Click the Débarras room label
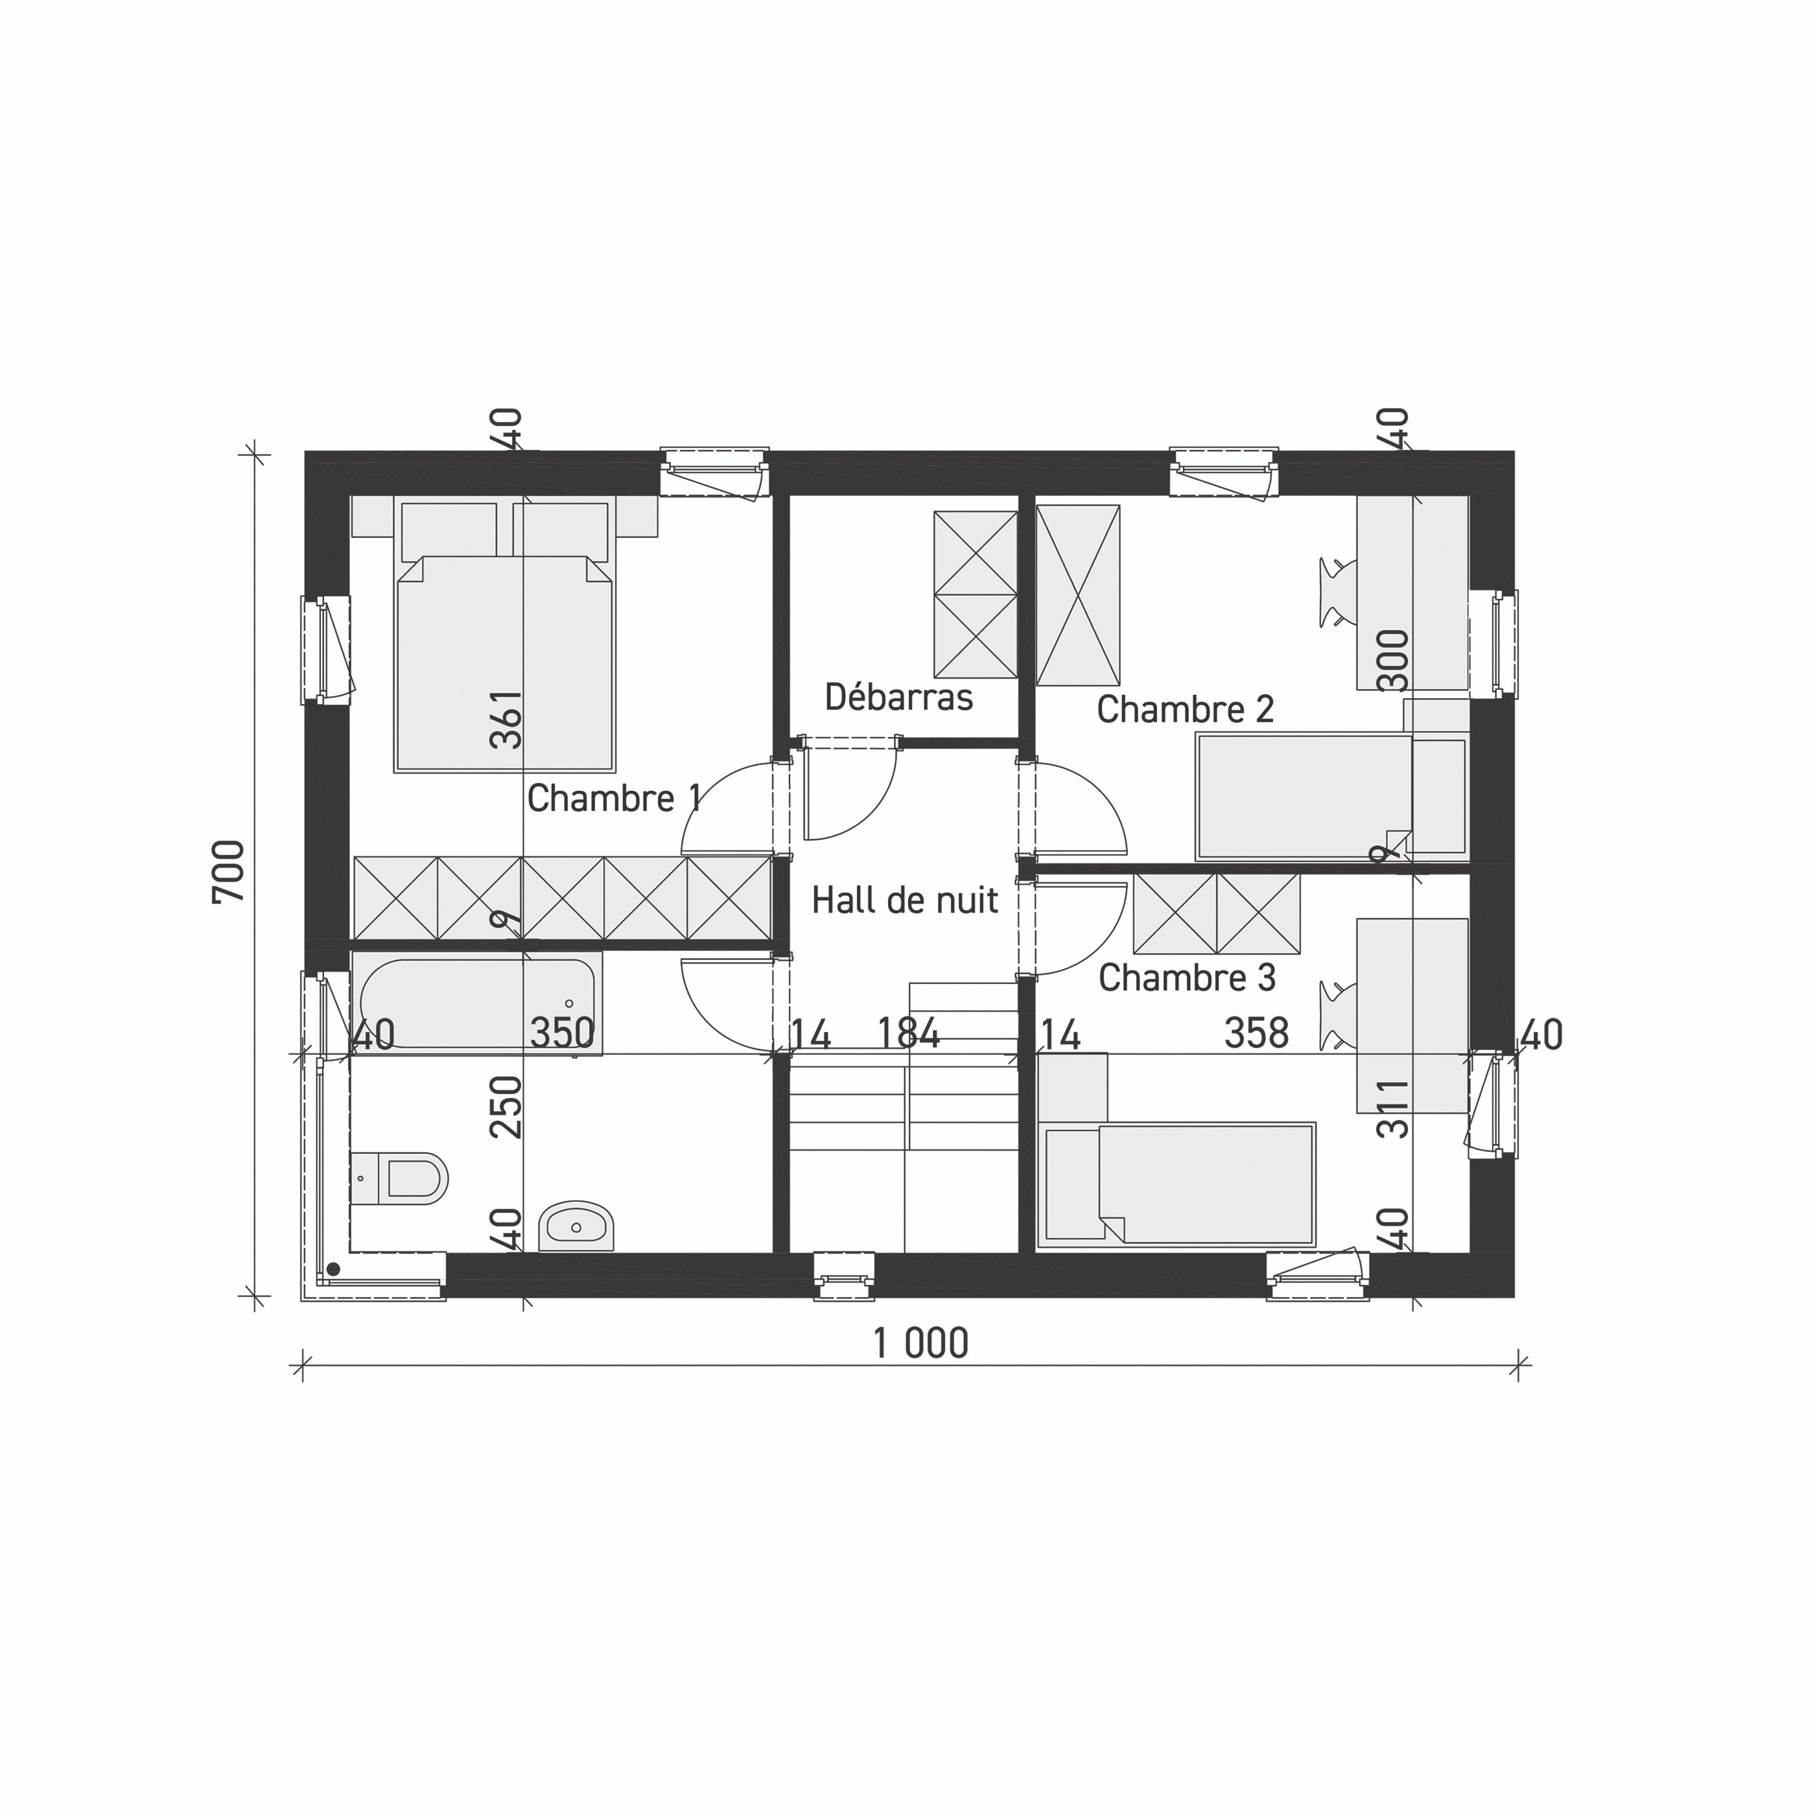coord(898,697)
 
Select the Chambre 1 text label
coord(613,799)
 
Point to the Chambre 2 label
coord(1185,709)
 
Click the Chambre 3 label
coord(1186,978)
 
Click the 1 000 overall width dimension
coord(920,1343)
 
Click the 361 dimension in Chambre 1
coord(508,720)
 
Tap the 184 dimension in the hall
coord(907,1033)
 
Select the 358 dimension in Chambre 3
coord(1256,1033)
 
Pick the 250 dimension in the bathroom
coord(508,1107)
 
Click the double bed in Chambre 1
coord(504,657)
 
